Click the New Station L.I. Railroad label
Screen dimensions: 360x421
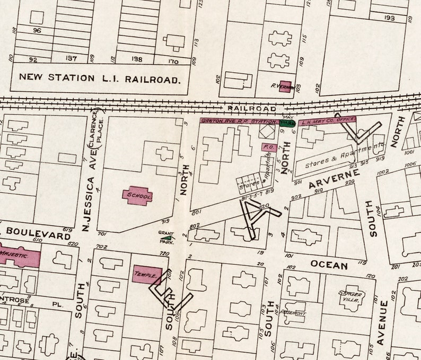tap(100, 77)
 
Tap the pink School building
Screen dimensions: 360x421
tap(138, 196)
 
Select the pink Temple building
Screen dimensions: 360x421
tap(147, 275)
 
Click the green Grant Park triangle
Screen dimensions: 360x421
tap(168, 239)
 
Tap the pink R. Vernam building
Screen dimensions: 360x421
tap(285, 86)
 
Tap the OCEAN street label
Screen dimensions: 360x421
tap(329, 265)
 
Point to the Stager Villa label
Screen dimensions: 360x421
tap(351, 296)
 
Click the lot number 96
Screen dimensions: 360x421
tap(37, 31)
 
